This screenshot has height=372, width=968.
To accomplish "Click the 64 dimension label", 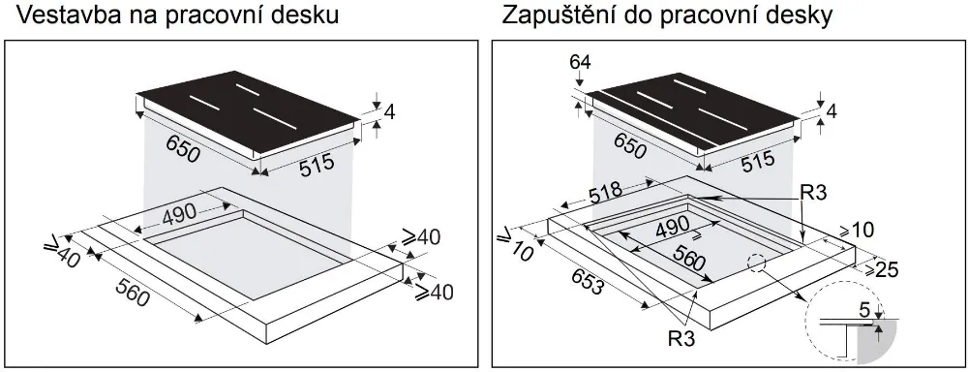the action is (579, 65).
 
